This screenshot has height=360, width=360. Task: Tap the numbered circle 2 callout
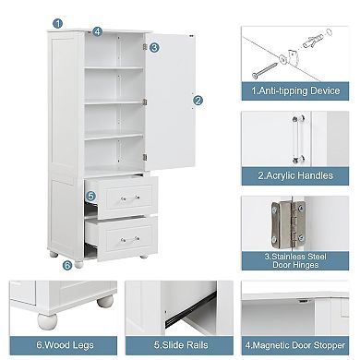click(x=197, y=101)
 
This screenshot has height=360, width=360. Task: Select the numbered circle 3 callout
click(x=154, y=46)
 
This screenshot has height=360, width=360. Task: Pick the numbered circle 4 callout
click(x=97, y=30)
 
